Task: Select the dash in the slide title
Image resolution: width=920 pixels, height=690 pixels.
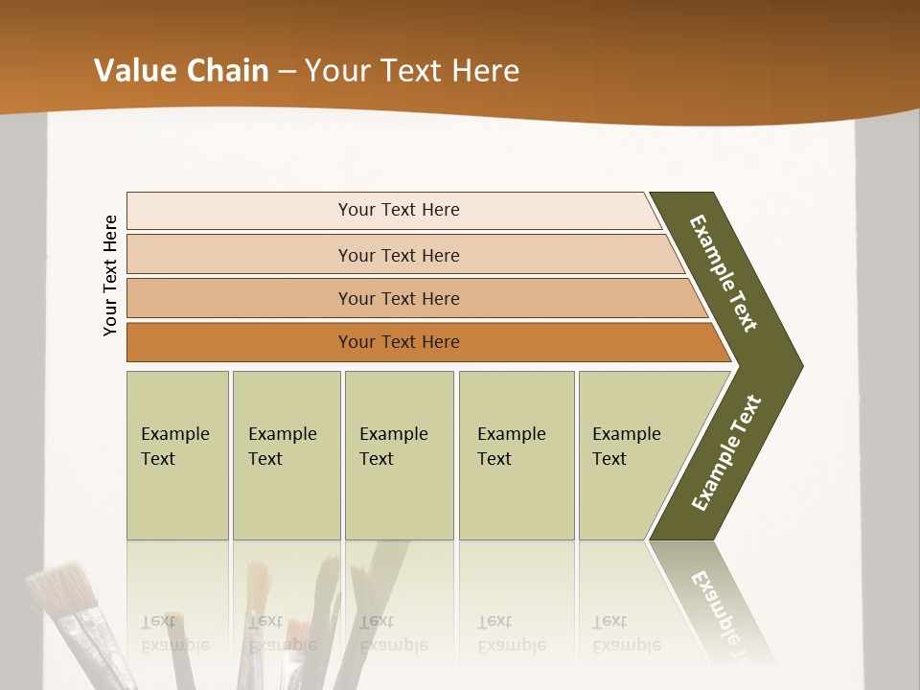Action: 287,72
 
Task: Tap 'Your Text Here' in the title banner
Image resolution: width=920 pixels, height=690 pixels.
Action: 412,71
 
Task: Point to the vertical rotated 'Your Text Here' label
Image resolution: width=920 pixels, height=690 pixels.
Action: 110,275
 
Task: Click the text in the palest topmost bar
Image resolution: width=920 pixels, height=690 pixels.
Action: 399,210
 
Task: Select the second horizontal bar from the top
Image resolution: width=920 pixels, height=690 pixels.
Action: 399,255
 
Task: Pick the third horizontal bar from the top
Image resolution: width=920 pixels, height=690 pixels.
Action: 399,298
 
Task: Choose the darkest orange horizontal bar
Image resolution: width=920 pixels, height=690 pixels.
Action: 399,342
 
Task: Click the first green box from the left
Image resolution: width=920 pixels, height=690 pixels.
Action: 177,455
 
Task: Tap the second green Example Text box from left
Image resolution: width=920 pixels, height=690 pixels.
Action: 286,455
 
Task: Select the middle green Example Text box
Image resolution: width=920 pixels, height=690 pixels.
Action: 399,455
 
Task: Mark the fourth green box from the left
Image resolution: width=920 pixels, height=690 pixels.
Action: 517,455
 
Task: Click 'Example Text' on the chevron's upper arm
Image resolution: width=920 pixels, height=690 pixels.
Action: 724,273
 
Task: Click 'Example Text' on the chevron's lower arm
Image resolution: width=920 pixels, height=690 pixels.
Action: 726,452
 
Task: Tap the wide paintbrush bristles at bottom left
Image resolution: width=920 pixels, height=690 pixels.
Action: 61,586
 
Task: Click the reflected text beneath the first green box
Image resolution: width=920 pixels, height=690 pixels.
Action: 175,633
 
